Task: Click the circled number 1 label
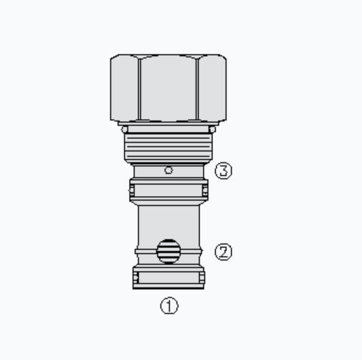(168, 306)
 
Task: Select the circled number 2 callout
(224, 252)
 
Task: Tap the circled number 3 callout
(224, 170)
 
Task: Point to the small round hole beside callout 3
(168, 170)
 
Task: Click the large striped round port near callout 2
(168, 250)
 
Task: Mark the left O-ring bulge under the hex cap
(124, 129)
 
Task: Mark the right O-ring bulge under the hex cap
(212, 129)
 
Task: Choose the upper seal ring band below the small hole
(168, 190)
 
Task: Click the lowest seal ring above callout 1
(168, 278)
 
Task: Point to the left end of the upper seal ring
(132, 190)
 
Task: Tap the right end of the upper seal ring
(205, 190)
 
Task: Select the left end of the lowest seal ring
(135, 278)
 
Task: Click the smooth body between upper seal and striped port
(168, 217)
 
